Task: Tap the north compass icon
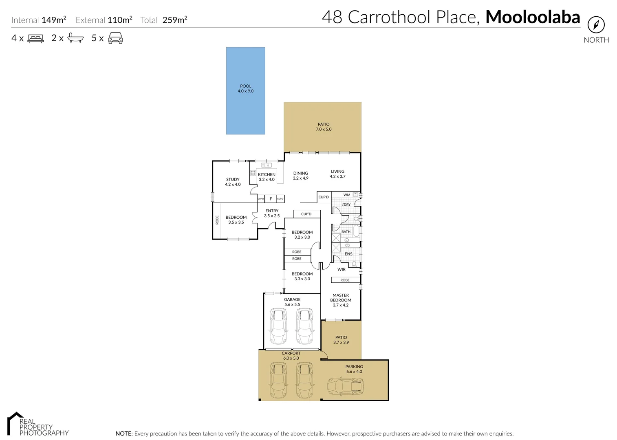596,25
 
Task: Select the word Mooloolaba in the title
532,17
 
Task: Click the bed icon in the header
35,38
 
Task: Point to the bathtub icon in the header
75,38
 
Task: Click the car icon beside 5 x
115,38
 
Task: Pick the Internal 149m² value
54,20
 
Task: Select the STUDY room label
233,180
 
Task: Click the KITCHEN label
267,174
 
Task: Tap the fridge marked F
271,199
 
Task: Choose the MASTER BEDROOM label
341,298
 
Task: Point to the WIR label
342,269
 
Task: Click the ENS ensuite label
348,254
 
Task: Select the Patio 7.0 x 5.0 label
324,127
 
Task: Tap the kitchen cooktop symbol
253,173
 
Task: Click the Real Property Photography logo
37,425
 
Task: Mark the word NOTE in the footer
124,433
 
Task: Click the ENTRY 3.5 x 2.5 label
272,213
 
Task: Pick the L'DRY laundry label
346,205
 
